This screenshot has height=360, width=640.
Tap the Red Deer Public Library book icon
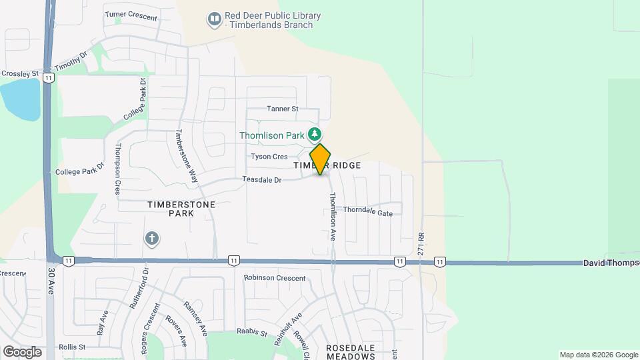(x=214, y=20)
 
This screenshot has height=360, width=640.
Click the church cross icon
(x=152, y=238)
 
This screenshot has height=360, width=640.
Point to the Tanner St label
(x=282, y=109)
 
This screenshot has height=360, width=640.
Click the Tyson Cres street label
(x=269, y=157)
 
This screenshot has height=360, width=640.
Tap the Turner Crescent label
(x=131, y=16)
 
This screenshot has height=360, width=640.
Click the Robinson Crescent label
(x=274, y=278)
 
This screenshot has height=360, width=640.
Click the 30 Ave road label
(x=51, y=282)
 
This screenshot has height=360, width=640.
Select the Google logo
(x=22, y=351)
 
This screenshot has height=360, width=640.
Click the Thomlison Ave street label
(x=331, y=217)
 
